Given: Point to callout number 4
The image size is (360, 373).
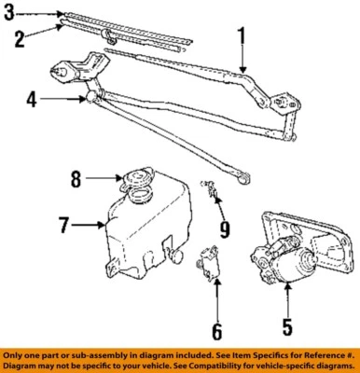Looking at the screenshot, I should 33,96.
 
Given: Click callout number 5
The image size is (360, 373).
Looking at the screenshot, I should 287,327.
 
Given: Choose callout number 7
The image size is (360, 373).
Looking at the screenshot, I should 64,225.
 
